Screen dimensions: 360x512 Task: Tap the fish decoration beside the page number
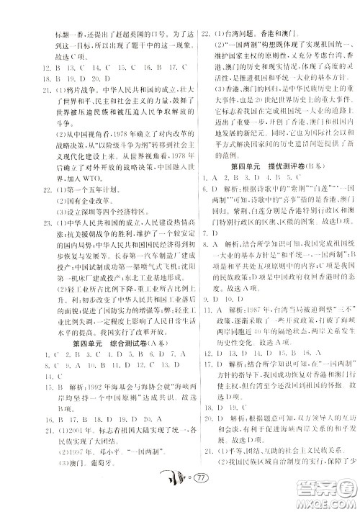[x=164, y=495]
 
